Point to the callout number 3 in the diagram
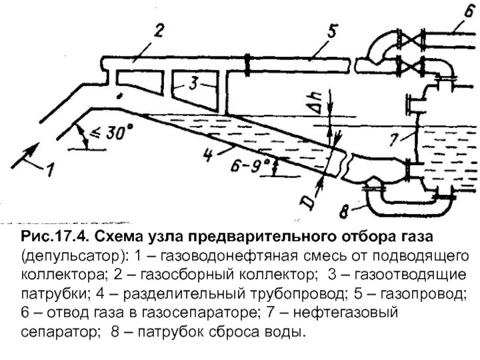pyautogui.click(x=194, y=85)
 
